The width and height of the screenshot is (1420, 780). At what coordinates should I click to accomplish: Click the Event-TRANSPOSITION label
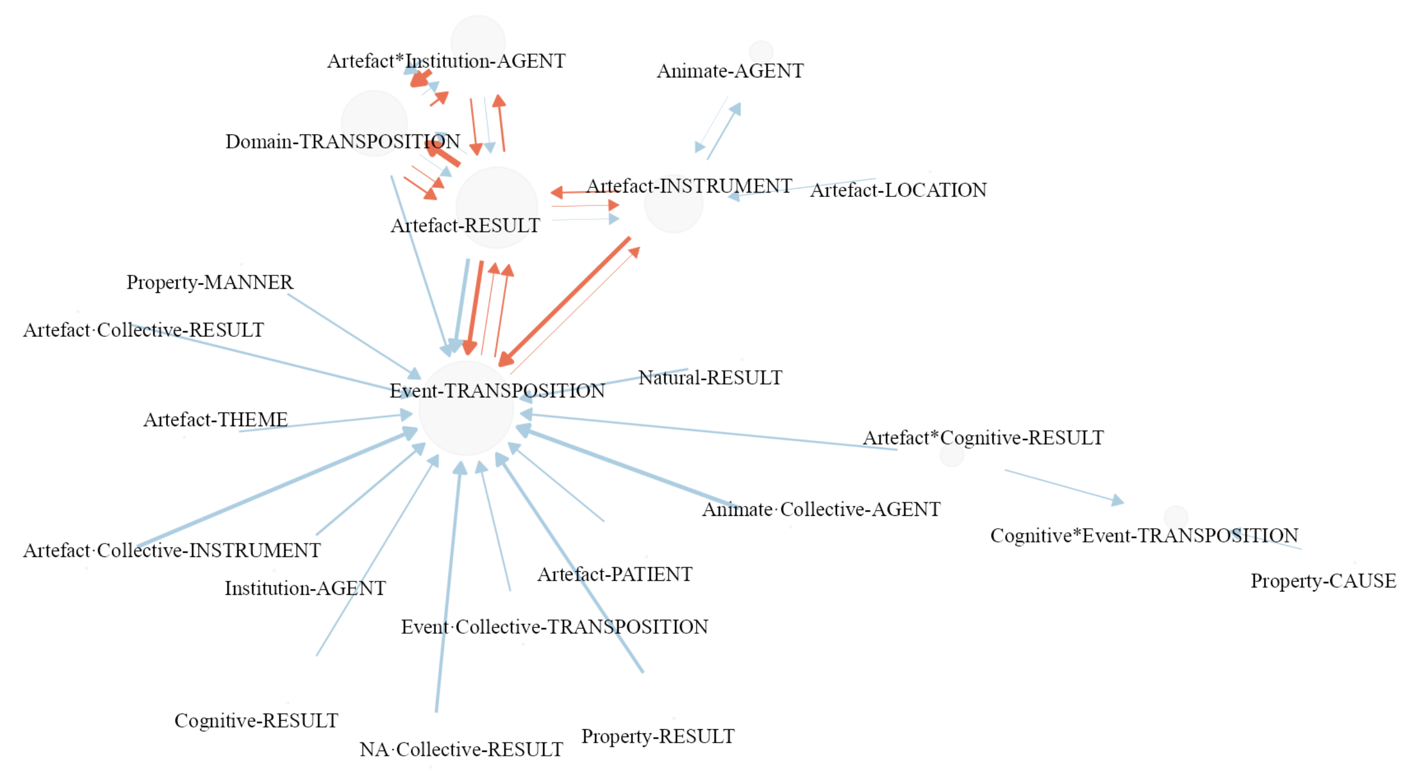coord(497,391)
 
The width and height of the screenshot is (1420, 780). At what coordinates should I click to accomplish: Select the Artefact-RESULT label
coord(465,226)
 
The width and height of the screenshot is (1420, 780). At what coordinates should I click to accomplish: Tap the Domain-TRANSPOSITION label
coord(342,142)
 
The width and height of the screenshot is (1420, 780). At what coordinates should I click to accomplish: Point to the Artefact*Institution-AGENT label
coord(446,61)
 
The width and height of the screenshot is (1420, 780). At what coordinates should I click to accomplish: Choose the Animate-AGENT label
coord(730,71)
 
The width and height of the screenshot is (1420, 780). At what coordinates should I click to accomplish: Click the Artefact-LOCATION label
coord(898,190)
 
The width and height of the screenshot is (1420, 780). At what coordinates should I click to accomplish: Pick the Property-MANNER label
coord(210,282)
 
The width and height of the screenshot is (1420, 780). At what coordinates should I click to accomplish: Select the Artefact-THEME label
coord(215,420)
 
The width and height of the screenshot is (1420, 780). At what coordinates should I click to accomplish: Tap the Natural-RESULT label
coord(710,378)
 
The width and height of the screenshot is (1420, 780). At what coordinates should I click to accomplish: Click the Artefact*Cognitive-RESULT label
coord(983,438)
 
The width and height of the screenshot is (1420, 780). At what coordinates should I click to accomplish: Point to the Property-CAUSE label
coord(1323,581)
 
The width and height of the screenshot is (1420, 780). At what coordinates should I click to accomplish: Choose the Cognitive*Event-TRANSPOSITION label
coord(1144,535)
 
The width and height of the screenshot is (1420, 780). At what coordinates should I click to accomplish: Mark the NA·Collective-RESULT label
coord(461,750)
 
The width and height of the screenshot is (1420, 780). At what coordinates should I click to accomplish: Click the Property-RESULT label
coord(658,737)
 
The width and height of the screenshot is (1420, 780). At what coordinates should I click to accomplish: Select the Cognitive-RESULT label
coord(256,721)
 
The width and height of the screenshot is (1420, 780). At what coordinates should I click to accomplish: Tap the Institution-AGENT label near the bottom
coord(305,589)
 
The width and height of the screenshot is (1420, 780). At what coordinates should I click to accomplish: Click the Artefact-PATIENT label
coord(615,575)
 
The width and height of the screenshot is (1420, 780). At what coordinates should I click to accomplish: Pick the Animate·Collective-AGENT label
coord(821,510)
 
